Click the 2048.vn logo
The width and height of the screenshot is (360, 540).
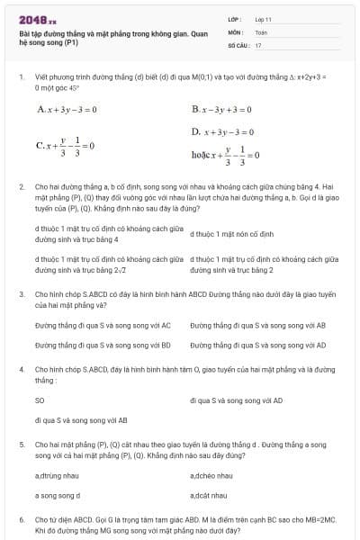37,19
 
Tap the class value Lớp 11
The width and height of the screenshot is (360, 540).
264,19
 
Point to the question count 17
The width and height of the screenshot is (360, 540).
258,44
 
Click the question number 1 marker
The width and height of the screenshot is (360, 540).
21,77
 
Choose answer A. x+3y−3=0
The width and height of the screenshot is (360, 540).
67,110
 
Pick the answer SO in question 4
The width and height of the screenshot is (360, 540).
40,400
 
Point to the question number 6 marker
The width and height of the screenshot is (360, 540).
21,520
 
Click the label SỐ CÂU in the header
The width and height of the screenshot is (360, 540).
238,44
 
